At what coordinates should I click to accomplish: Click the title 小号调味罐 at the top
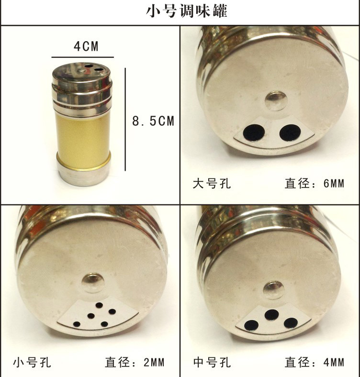(187, 11)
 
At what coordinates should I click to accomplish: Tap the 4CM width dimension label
(86, 46)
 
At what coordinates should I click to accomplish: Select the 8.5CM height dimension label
(153, 121)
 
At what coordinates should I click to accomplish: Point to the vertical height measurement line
(125, 120)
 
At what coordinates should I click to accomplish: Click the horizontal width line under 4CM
(82, 57)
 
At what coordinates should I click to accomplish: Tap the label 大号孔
(212, 184)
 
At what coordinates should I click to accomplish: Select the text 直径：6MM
(314, 184)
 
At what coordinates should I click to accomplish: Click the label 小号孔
(32, 362)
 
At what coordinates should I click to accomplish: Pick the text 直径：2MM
(135, 362)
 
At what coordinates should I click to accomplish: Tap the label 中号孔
(212, 362)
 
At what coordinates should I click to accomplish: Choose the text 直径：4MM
(314, 362)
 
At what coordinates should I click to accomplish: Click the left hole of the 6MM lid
(254, 133)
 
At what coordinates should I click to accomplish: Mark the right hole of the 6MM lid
(290, 133)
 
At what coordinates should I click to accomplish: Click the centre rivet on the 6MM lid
(276, 101)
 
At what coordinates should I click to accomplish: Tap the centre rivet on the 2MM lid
(93, 283)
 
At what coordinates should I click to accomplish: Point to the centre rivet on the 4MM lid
(274, 290)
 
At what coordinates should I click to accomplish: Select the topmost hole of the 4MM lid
(272, 315)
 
